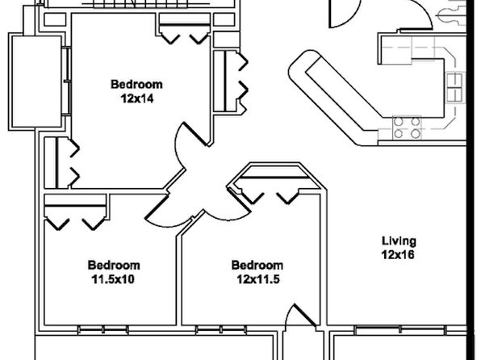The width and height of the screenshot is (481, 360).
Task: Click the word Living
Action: pyautogui.click(x=399, y=241)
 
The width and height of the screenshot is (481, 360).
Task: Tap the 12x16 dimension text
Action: pyautogui.click(x=398, y=255)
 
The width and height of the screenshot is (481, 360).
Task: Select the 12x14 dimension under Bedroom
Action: pyautogui.click(x=136, y=98)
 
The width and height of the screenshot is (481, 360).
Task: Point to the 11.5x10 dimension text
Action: pyautogui.click(x=113, y=279)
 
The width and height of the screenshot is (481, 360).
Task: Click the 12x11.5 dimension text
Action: pyautogui.click(x=258, y=279)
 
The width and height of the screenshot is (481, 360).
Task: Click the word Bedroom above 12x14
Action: pyautogui.click(x=136, y=85)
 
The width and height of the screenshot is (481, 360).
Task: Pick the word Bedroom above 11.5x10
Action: pyautogui.click(x=114, y=266)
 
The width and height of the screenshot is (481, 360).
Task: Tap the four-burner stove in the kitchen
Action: pyautogui.click(x=407, y=128)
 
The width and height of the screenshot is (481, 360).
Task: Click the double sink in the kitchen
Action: pyautogui.click(x=454, y=87)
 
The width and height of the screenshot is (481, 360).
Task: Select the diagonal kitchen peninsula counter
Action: pyautogui.click(x=334, y=98)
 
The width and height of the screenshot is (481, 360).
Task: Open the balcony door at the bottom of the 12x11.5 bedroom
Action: pyautogui.click(x=300, y=316)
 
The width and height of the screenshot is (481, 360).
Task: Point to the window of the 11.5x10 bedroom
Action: pyautogui.click(x=103, y=330)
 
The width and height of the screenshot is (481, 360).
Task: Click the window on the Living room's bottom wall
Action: pyautogui.click(x=400, y=330)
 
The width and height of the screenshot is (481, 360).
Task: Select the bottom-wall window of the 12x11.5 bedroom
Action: pyautogui.click(x=221, y=330)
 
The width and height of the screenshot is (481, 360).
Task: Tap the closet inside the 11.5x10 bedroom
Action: pyautogui.click(x=76, y=211)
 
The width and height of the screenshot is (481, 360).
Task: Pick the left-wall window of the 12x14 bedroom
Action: pyautogui.click(x=66, y=82)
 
